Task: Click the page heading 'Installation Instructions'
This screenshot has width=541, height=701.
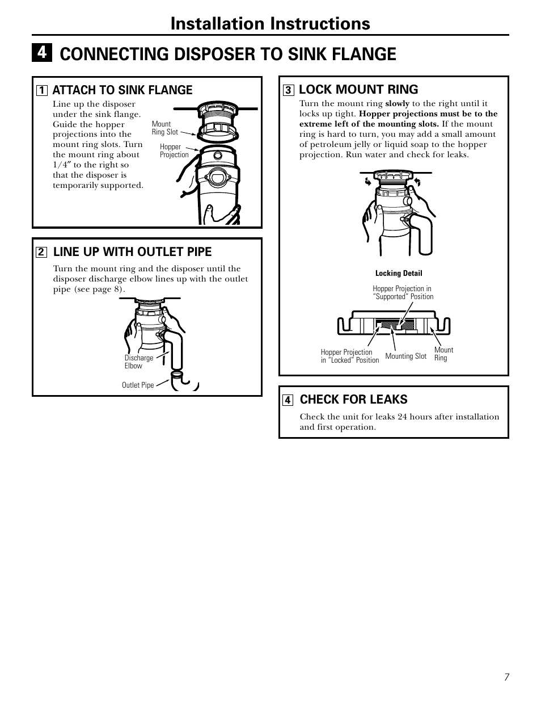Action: pyautogui.click(x=270, y=23)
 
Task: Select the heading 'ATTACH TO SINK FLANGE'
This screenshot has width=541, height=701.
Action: pyautogui.click(x=122, y=90)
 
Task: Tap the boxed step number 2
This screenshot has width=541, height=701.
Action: pyautogui.click(x=41, y=252)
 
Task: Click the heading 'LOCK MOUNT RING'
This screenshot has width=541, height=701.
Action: pyautogui.click(x=358, y=89)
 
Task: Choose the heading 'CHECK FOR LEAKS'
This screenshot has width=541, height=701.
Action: pyautogui.click(x=353, y=400)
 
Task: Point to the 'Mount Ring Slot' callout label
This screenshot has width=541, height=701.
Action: pyautogui.click(x=164, y=128)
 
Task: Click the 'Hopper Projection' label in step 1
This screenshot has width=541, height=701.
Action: pyautogui.click(x=174, y=151)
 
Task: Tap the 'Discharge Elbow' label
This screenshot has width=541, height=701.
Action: pyautogui.click(x=138, y=362)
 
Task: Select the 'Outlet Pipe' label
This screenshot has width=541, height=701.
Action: pyautogui.click(x=138, y=385)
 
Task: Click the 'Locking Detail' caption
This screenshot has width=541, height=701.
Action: pyautogui.click(x=399, y=274)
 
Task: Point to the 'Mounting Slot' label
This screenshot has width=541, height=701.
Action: pyautogui.click(x=405, y=356)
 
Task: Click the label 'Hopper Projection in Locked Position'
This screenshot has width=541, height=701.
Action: pyautogui.click(x=349, y=356)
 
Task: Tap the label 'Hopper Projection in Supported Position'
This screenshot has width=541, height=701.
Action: pyautogui.click(x=403, y=293)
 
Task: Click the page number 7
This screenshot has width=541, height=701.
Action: pyautogui.click(x=506, y=677)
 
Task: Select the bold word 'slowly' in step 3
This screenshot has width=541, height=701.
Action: pyautogui.click(x=397, y=104)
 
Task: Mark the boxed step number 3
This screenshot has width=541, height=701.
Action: pyautogui.click(x=288, y=90)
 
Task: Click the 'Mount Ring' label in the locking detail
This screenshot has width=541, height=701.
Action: pyautogui.click(x=443, y=354)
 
